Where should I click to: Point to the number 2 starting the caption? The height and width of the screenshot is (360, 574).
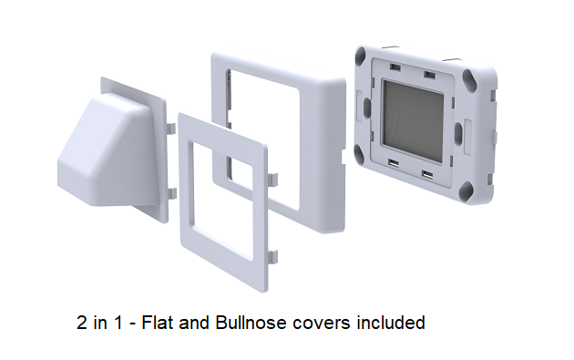click(x=82, y=323)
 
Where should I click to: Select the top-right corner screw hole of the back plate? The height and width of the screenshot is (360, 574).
click(x=468, y=77)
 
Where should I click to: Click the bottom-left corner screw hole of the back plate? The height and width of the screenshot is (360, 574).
click(x=360, y=153)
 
